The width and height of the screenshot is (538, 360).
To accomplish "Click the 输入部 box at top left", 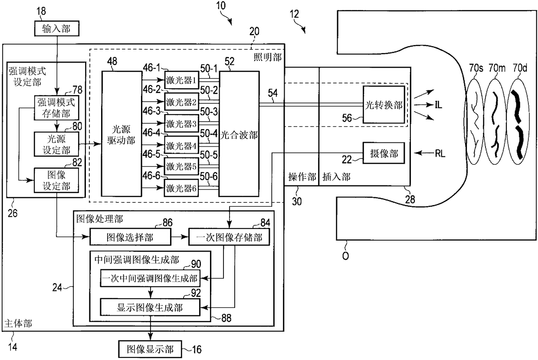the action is (57, 28).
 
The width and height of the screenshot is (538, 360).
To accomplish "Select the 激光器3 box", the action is (181, 123).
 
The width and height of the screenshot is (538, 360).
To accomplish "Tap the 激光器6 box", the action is (181, 188).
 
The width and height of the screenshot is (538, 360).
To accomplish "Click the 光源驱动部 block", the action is (121, 134).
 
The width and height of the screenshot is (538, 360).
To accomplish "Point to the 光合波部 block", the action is (239, 134).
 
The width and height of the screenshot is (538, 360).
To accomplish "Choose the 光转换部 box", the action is (384, 105).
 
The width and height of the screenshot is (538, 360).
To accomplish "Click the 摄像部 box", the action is (384, 153).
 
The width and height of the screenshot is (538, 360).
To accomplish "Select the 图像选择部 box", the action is (130, 237).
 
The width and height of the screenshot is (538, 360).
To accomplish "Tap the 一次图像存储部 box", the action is (229, 237).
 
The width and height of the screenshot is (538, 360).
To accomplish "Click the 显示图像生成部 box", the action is (150, 307).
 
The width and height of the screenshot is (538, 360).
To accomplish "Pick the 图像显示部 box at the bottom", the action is (150, 349).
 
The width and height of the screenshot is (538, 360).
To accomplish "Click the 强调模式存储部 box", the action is (56, 108).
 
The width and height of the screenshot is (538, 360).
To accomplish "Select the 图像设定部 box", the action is (56, 180).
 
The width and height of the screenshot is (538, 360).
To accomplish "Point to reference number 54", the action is (272, 93).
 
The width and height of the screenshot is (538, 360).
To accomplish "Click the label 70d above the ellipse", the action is (520, 68).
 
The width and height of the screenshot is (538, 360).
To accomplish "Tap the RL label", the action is (440, 153).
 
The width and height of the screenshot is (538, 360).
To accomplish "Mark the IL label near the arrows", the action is (438, 105).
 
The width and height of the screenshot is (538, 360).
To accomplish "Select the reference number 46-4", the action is (151, 132).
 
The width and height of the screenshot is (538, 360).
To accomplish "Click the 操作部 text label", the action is (302, 177).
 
